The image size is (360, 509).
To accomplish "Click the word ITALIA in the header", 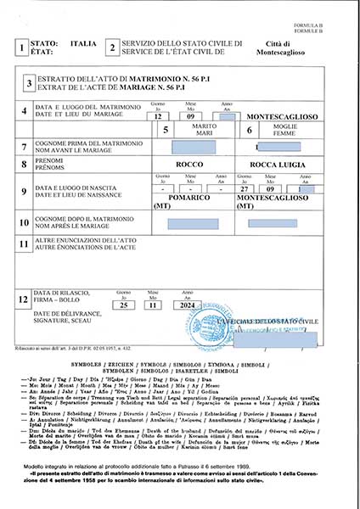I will (x=82, y=42).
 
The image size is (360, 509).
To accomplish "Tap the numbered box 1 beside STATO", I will (x=20, y=48).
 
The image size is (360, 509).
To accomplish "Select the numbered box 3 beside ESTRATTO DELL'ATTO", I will (x=31, y=82).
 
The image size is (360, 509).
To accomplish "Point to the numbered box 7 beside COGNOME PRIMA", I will (x=22, y=147).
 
